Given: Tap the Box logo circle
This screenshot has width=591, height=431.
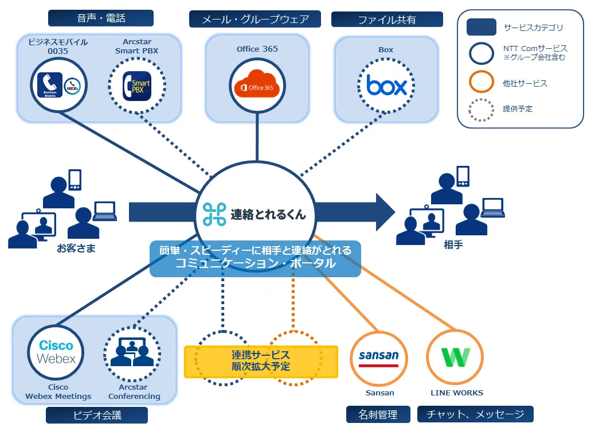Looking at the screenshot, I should point(386,86).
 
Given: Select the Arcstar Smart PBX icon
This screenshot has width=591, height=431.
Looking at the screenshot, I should point(136,86).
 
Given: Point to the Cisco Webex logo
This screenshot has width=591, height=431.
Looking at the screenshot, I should point(56,352).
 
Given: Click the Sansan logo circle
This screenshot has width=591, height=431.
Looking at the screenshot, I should point(378,356).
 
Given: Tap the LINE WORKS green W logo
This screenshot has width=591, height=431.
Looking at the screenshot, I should point(456,356).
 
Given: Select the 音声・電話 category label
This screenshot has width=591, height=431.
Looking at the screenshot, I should point(101,18).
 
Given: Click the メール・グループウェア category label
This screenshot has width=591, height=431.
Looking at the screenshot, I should point(255,20).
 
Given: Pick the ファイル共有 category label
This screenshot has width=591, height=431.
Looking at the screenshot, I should point(387,20).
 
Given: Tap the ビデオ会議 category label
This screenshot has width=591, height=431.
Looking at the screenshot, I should point(97,415).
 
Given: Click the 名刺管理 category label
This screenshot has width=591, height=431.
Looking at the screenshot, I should point(379,414).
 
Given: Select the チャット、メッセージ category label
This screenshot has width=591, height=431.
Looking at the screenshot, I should point(475,414).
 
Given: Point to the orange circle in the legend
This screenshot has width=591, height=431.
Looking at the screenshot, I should point(481,81).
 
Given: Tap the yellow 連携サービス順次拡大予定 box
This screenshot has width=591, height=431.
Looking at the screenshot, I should point(261,361).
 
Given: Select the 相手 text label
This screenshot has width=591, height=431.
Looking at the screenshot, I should point(453,244).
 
